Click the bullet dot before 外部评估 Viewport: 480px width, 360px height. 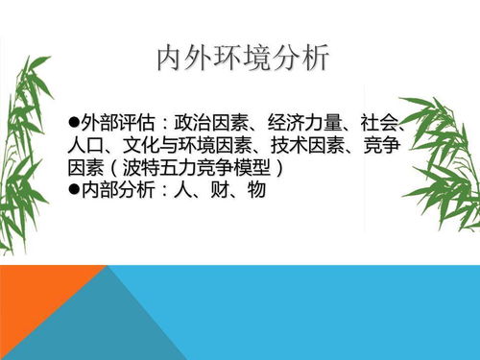click(x=73, y=124)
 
